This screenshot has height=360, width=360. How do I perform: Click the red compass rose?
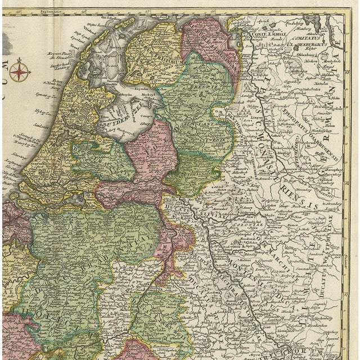[19, 71]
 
